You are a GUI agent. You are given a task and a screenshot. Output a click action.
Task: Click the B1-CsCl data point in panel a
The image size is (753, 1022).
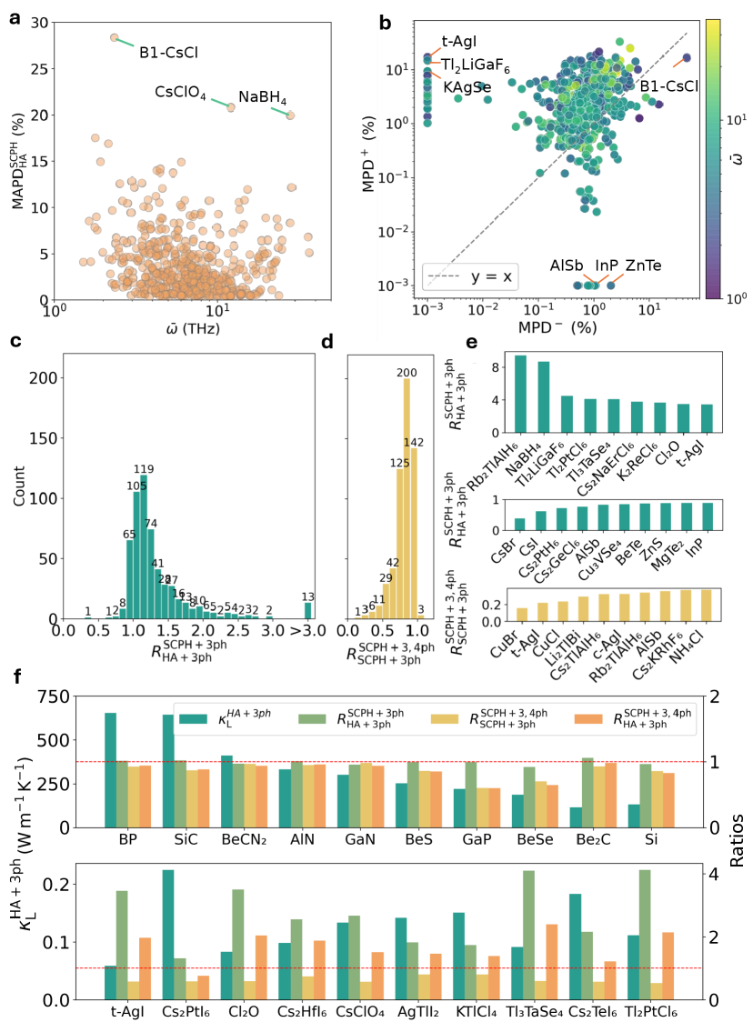click(x=114, y=37)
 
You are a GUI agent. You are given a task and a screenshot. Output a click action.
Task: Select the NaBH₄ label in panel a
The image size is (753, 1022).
click(x=263, y=97)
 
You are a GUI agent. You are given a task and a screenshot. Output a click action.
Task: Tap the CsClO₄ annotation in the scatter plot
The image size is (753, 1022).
click(x=180, y=92)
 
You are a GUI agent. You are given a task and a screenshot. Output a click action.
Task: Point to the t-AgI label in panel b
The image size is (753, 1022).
click(x=458, y=41)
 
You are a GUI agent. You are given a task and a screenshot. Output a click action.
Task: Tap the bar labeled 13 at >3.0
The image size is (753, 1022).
click(x=307, y=609)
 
